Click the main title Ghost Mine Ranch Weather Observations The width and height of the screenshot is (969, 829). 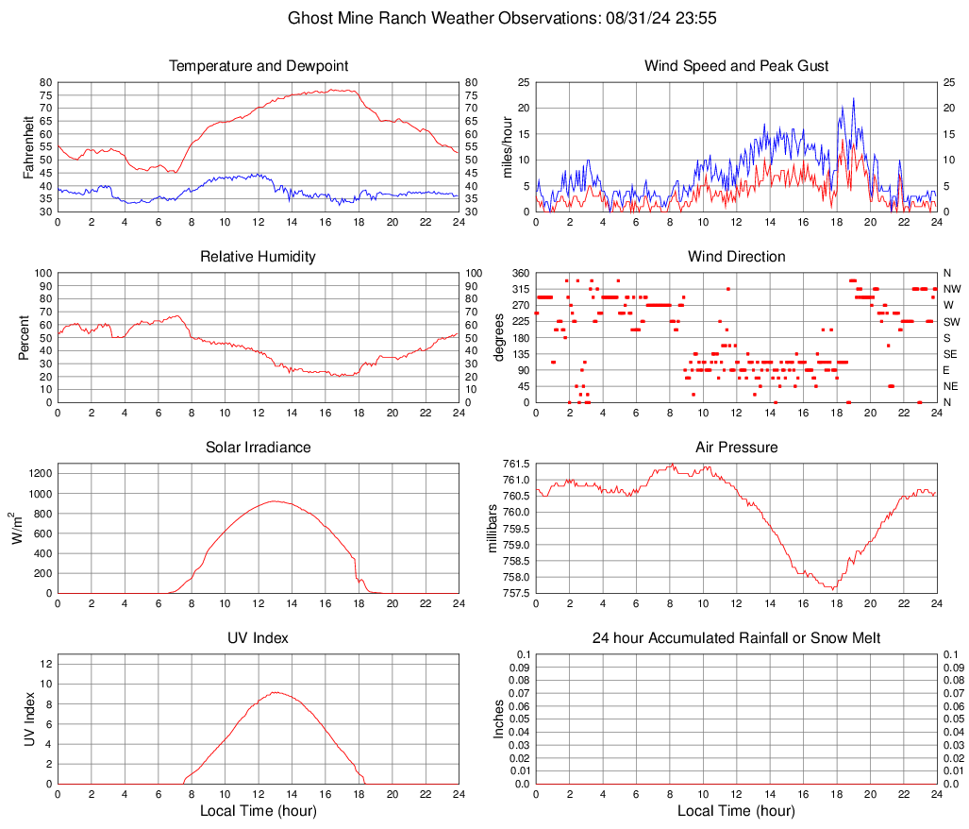tap(484, 18)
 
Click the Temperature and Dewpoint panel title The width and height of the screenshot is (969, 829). tap(259, 66)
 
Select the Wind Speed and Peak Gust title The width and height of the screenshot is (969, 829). tap(736, 66)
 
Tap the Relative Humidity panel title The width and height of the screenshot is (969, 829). tap(259, 257)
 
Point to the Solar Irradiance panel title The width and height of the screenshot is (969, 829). tap(259, 447)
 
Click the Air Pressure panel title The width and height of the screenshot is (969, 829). tap(736, 447)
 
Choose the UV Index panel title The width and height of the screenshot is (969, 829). tap(259, 638)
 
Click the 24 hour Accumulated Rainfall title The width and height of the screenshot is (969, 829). tap(736, 638)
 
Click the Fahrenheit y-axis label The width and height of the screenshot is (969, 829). tap(26, 146)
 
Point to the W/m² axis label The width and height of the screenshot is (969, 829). tap(17, 529)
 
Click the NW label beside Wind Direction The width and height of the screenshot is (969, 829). tap(951, 289)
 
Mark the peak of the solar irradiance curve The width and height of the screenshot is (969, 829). tap(274, 501)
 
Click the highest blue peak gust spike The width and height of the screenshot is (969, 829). tap(853, 98)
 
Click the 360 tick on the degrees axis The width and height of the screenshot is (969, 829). tap(519, 273)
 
